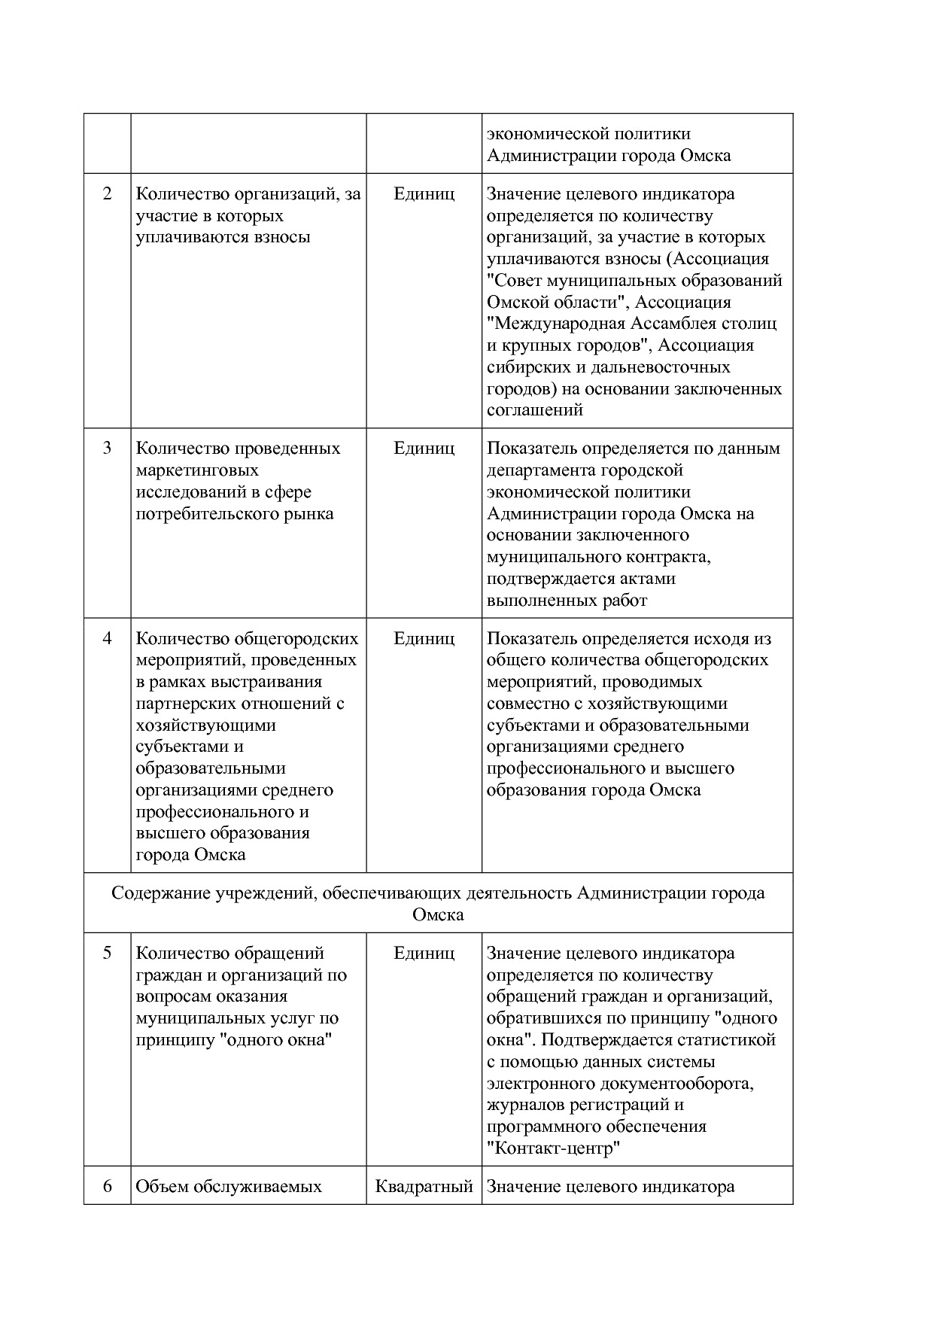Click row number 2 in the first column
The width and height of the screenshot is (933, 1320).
(107, 194)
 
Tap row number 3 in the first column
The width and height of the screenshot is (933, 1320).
(107, 449)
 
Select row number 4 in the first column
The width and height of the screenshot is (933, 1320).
(107, 639)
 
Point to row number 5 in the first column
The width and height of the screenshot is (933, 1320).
(107, 954)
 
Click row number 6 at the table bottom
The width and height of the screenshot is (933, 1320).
(107, 1187)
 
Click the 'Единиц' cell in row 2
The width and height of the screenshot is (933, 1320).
(424, 194)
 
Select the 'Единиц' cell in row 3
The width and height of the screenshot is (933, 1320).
(424, 449)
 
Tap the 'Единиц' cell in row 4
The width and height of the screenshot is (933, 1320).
(424, 639)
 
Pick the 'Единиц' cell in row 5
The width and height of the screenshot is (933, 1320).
(424, 954)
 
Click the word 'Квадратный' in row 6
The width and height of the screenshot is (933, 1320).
(424, 1187)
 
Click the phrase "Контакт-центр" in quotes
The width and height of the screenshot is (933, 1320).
(554, 1148)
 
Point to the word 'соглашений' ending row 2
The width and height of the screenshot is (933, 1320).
(535, 410)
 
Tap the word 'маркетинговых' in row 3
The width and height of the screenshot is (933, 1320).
(197, 470)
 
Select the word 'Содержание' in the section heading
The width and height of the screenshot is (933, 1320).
(161, 893)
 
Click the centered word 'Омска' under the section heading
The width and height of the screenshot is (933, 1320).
(438, 915)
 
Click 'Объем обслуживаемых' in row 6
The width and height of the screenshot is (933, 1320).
(228, 1187)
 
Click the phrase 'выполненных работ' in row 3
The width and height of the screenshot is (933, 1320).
(567, 601)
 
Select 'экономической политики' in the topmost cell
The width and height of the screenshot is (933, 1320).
(588, 134)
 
